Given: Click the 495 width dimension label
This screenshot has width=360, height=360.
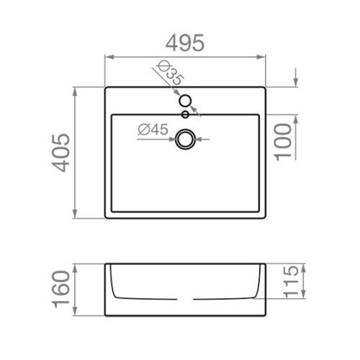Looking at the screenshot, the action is coord(185,43).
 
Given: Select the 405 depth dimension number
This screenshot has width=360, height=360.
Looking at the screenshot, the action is coord(61,153).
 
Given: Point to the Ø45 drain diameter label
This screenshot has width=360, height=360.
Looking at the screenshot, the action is coord(153,130).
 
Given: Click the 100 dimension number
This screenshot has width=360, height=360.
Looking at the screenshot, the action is coord(284,142).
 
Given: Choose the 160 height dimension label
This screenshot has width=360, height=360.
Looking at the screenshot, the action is coord(61,289).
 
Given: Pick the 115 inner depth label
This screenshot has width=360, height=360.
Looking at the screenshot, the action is coord(292,282).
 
